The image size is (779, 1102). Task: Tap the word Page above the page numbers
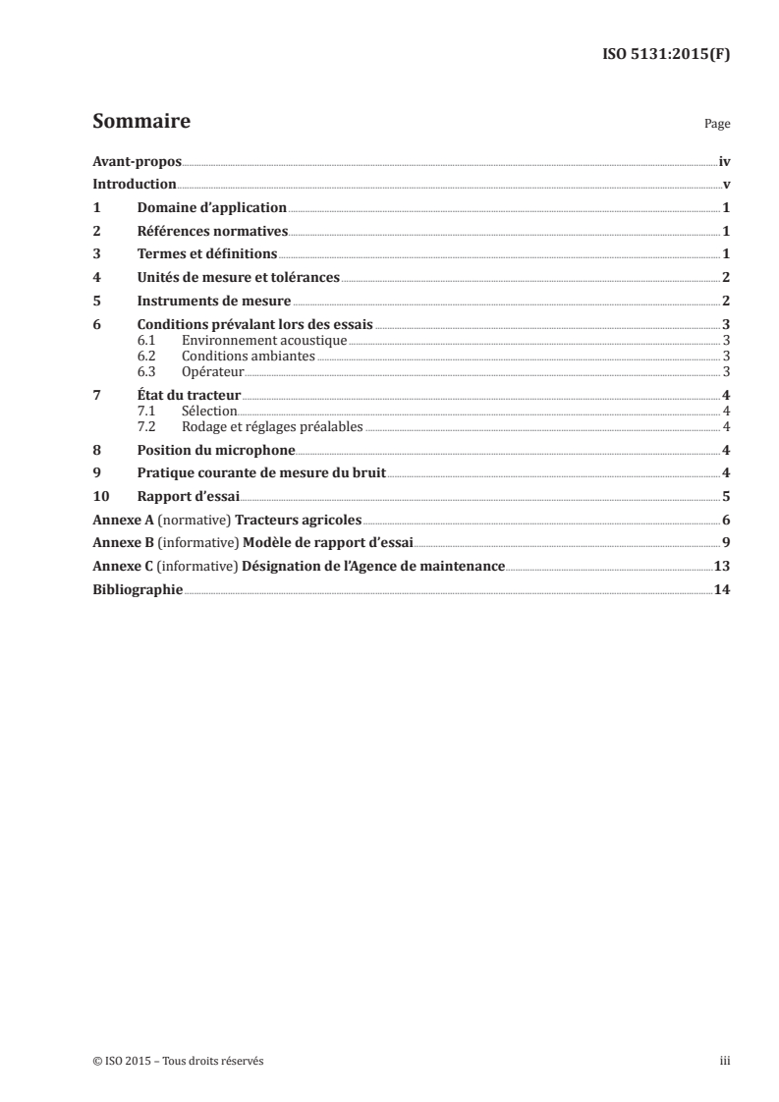[717, 125]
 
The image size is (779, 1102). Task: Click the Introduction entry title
[134, 184]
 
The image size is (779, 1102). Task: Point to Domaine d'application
[212, 208]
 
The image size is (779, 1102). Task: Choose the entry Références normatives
[212, 232]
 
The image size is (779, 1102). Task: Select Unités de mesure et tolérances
[239, 278]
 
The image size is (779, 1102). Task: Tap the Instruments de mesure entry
[214, 302]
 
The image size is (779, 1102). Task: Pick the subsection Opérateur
[213, 371]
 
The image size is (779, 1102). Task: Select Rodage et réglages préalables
[273, 426]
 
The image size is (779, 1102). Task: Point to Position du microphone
[216, 450]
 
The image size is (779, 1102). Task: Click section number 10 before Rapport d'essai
[99, 496]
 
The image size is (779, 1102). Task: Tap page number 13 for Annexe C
[722, 567]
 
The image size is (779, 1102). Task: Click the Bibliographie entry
[137, 590]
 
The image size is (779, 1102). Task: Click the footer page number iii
[725, 1061]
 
